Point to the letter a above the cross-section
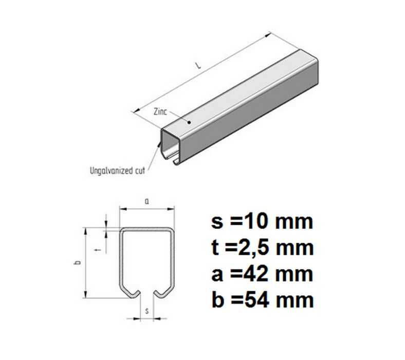click(x=147, y=202)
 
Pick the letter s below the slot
click(x=147, y=311)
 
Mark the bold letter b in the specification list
click(x=217, y=299)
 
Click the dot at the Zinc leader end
click(x=189, y=122)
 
